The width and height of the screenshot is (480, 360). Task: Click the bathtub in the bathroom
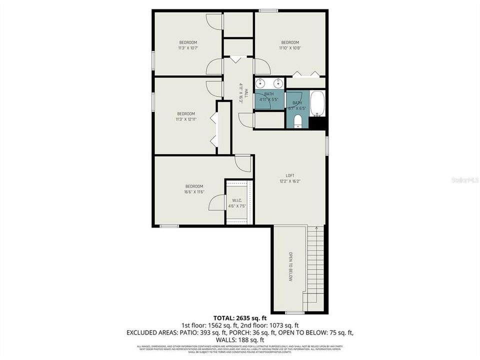(x=317, y=103)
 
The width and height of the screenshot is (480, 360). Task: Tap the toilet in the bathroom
(x=297, y=120)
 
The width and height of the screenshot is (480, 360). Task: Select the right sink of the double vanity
(x=276, y=83)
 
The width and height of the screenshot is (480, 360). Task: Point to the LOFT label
(x=289, y=175)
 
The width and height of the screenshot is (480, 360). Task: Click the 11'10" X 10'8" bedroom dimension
(x=290, y=48)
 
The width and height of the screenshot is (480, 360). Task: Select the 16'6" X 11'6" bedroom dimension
(x=193, y=191)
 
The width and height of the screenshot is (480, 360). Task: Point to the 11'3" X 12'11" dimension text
(x=185, y=119)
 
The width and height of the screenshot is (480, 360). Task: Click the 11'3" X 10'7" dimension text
(x=188, y=48)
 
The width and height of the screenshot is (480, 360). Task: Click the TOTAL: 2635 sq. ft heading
(x=239, y=317)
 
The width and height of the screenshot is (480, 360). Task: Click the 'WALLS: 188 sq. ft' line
(x=240, y=340)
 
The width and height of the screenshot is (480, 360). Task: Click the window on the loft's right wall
(x=326, y=143)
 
